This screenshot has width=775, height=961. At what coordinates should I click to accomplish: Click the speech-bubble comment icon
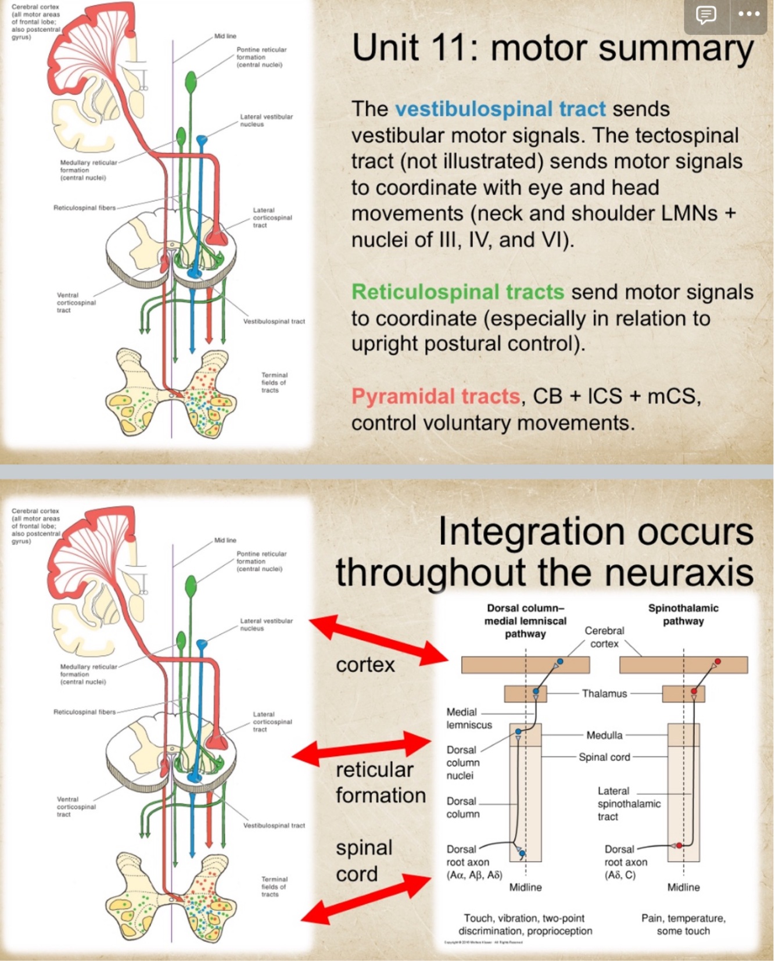[x=706, y=15]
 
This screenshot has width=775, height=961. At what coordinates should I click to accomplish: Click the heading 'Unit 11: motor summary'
[x=552, y=48]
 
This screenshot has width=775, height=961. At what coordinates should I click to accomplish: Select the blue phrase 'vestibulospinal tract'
[x=500, y=109]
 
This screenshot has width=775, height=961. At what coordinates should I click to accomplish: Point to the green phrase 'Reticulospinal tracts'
[x=457, y=292]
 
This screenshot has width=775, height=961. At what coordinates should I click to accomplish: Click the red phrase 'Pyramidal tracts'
[x=435, y=396]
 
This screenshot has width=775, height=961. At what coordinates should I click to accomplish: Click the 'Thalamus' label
[x=604, y=694]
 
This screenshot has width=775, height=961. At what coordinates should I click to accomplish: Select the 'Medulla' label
[x=604, y=736]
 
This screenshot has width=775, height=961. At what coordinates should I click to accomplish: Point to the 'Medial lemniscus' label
[x=468, y=719]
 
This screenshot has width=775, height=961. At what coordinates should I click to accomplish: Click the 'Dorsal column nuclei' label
[x=462, y=763]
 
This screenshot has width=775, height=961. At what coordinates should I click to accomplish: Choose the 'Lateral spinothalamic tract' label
[x=629, y=804]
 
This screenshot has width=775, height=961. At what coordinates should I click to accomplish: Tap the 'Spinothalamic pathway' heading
[x=683, y=615]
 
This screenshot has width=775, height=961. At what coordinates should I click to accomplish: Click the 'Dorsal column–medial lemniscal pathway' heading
[x=525, y=621]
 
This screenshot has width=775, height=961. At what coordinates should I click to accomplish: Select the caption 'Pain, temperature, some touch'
[x=683, y=924]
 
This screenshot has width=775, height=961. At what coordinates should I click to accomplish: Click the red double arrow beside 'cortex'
[x=378, y=640]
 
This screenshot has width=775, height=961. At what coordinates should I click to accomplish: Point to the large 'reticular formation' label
[x=380, y=782]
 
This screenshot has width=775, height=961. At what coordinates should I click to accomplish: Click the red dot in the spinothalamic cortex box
[x=718, y=662]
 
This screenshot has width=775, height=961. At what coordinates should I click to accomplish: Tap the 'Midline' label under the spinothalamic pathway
[x=683, y=887]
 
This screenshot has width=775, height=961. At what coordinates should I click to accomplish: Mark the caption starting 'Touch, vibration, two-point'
[x=525, y=924]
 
